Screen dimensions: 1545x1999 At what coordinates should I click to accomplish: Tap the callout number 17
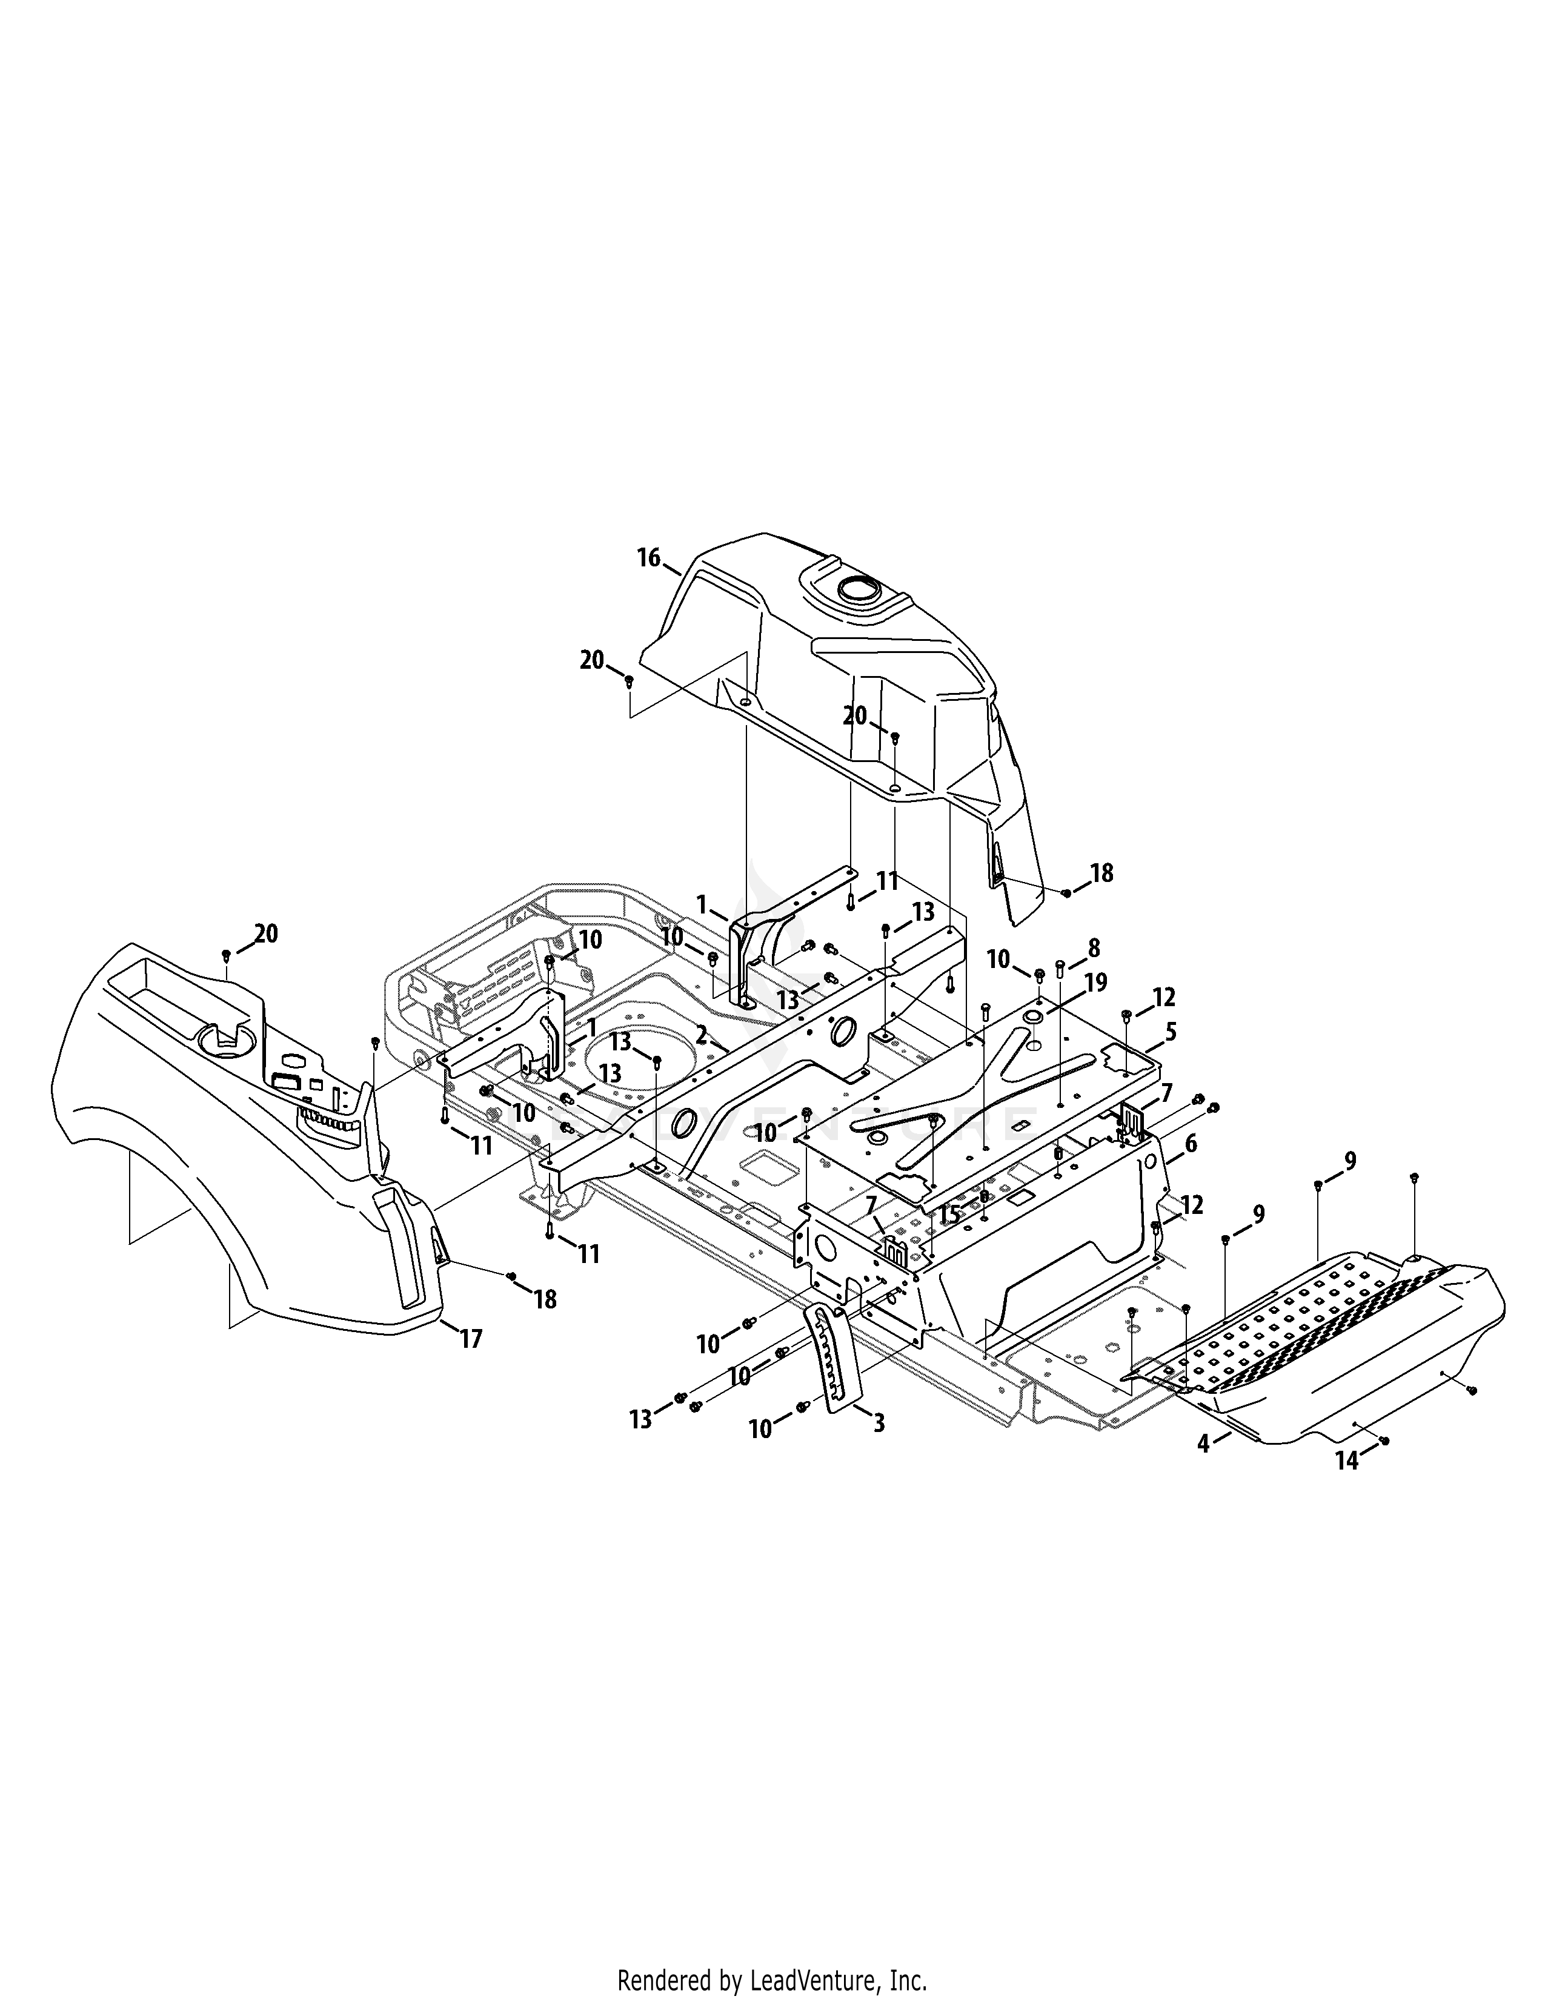point(470,1340)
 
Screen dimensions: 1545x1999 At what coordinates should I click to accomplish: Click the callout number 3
point(1171,1032)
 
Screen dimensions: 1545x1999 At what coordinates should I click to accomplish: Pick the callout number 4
point(1190,1143)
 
